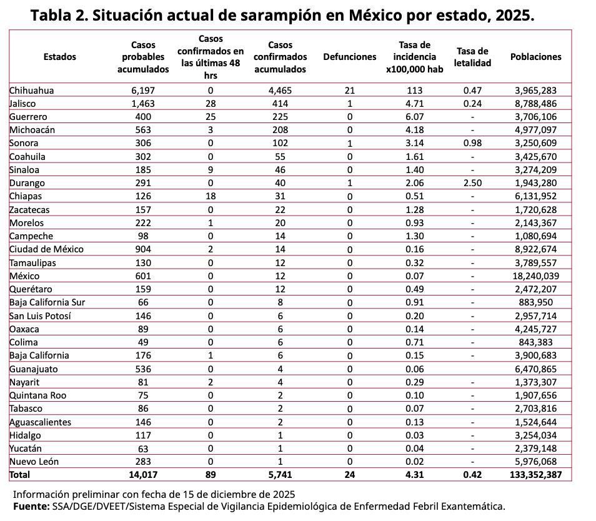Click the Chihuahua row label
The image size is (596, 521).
point(31,91)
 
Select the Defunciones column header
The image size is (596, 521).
point(349,57)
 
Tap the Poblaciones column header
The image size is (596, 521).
point(535,57)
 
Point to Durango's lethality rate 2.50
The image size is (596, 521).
point(472,183)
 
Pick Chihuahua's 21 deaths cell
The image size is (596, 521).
point(349,91)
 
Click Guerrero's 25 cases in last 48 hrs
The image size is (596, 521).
point(210,117)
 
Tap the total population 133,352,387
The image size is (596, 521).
point(535,475)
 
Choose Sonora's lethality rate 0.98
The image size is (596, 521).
point(472,143)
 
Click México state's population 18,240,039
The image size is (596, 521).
point(535,276)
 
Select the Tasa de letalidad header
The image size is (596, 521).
point(472,57)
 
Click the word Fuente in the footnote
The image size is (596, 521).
point(30,506)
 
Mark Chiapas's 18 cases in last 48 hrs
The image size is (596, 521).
point(210,196)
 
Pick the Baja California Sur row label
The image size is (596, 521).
point(47,302)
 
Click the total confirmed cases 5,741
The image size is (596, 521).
point(279,475)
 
